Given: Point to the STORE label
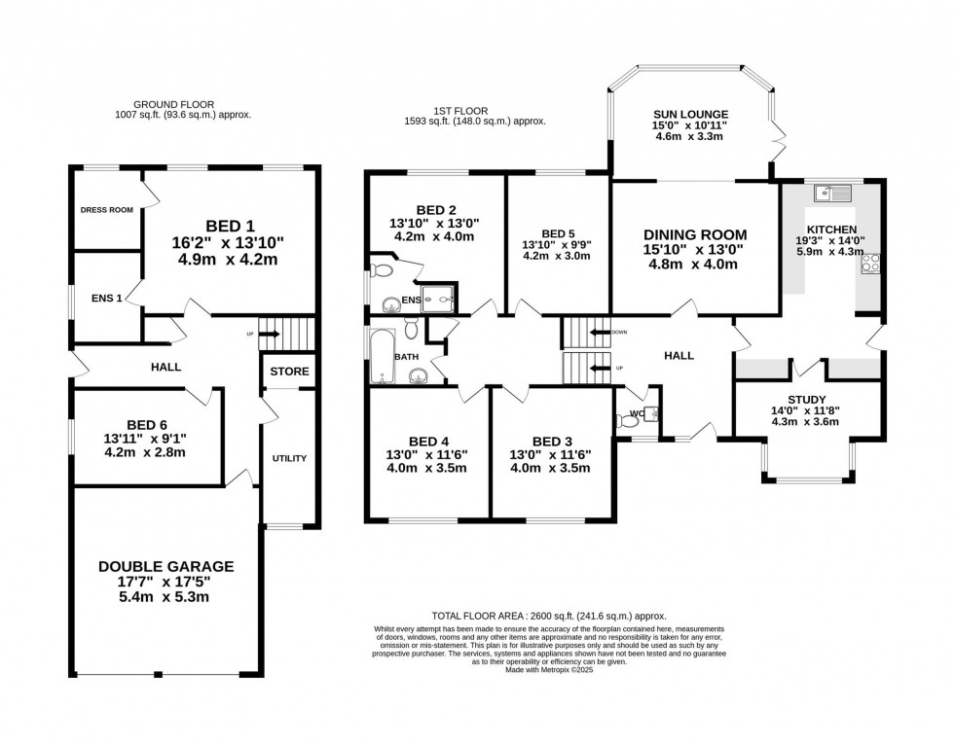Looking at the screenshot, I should pyautogui.click(x=289, y=372).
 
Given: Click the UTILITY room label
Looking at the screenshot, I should pyautogui.click(x=289, y=458).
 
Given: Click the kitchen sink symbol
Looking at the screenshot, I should pyautogui.click(x=835, y=193).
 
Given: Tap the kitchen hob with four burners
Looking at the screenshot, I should pyautogui.click(x=869, y=264).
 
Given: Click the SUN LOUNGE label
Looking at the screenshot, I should pyautogui.click(x=690, y=114).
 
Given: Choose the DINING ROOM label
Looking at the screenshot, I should pyautogui.click(x=695, y=234).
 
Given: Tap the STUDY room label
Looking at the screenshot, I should pyautogui.click(x=806, y=400).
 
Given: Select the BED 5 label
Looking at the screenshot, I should pyautogui.click(x=558, y=233).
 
